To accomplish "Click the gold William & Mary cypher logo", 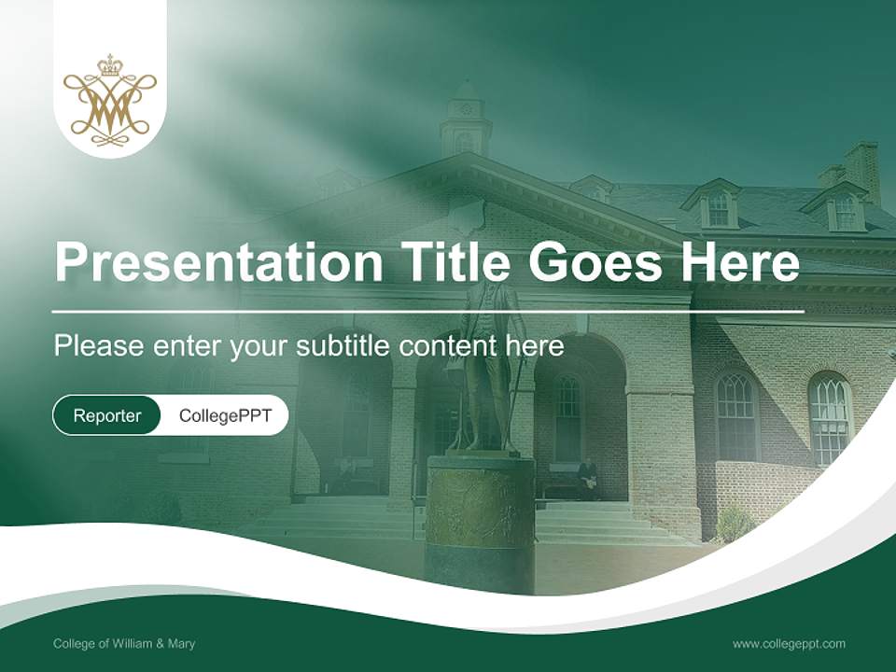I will [110, 101].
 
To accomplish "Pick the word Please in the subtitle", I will [98, 346].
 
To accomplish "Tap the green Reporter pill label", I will [107, 415].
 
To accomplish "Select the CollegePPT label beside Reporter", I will [225, 415].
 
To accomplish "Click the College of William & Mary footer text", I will [124, 643].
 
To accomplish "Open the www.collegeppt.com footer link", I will [789, 643].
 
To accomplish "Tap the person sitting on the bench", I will [588, 476].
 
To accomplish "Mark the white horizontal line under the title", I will [429, 311].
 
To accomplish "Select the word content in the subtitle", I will [451, 346].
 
